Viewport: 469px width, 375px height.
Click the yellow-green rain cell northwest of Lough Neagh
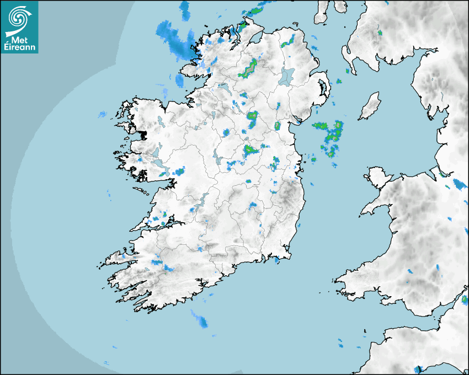click(x=249, y=68)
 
